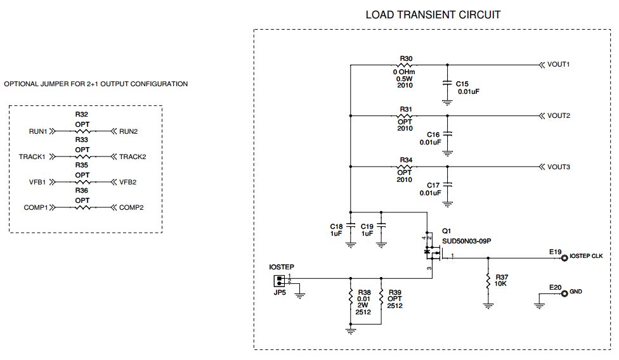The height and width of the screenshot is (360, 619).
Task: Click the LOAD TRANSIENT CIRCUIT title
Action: tap(433, 15)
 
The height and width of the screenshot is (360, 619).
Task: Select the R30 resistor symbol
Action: tap(405, 65)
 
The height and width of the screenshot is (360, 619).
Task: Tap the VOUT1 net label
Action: tap(558, 65)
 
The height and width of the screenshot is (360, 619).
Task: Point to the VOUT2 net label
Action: tap(558, 116)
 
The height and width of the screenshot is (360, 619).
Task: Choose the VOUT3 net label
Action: tap(558, 167)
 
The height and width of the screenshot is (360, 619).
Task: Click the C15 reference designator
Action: tap(462, 84)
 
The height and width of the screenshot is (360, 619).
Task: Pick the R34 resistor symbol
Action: tap(405, 167)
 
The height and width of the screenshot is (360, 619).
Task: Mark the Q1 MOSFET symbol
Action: tap(432, 252)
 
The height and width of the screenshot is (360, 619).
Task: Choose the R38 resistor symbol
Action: tap(350, 297)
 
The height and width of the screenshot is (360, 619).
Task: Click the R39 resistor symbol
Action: tap(381, 297)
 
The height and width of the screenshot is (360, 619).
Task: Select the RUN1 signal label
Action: tap(38, 132)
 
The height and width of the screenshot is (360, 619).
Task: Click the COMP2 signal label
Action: tap(131, 208)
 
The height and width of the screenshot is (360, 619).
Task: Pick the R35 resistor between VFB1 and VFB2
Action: tap(82, 183)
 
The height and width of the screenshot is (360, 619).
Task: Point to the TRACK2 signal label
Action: tap(133, 157)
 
